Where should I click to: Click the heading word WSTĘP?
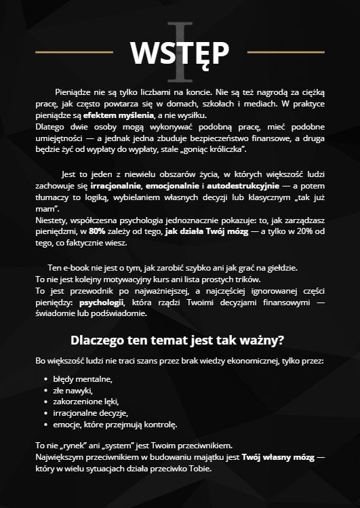click(180, 52)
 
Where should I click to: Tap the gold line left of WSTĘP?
click(74, 52)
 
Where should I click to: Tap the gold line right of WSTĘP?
click(286, 52)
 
